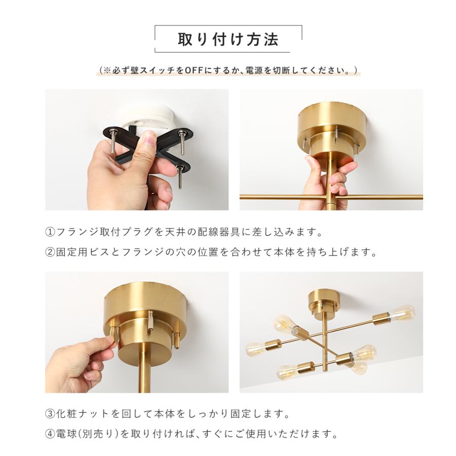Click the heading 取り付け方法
(228, 40)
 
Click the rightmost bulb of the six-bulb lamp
(404, 313)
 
